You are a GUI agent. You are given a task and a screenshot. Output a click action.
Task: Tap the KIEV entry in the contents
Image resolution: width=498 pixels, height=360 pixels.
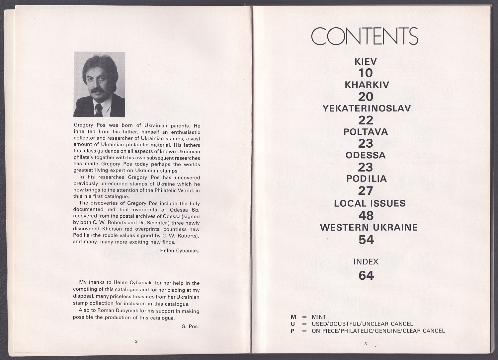(x=366, y=61)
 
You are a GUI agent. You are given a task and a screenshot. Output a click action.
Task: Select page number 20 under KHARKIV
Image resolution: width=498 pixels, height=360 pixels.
(x=366, y=97)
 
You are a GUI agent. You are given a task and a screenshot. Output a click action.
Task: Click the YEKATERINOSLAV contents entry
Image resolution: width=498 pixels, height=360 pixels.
(x=367, y=108)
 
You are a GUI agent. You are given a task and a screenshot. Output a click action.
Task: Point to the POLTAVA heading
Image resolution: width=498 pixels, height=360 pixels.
(x=366, y=132)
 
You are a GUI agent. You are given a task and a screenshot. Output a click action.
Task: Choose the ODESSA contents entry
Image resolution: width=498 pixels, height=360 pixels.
(x=366, y=155)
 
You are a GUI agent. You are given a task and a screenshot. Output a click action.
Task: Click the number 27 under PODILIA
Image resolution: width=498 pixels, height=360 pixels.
(x=366, y=191)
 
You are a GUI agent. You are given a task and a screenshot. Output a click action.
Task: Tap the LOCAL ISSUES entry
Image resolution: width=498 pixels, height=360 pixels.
(x=370, y=203)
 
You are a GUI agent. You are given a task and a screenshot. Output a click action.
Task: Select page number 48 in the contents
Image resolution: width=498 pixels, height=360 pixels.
(x=366, y=216)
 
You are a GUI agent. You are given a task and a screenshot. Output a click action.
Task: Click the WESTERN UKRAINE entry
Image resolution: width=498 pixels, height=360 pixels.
(x=369, y=228)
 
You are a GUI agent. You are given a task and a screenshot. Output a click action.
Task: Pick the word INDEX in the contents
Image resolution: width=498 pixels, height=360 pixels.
(x=366, y=262)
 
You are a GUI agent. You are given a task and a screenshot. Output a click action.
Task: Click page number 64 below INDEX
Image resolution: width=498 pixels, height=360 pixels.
(x=366, y=275)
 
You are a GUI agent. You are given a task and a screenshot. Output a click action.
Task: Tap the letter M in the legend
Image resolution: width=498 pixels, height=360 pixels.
(x=293, y=317)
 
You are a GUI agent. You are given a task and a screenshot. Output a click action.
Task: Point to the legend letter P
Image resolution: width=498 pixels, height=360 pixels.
(x=292, y=331)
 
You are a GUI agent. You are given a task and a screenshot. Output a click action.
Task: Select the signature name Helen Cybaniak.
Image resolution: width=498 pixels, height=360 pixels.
(x=179, y=251)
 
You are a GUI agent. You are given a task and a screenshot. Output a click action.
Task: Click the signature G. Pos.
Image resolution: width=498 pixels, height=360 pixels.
(x=190, y=326)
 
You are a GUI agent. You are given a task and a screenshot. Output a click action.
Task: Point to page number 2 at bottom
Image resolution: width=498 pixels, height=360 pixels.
(x=136, y=341)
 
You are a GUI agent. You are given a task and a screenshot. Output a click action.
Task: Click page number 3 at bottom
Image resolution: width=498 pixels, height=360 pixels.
(x=366, y=344)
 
